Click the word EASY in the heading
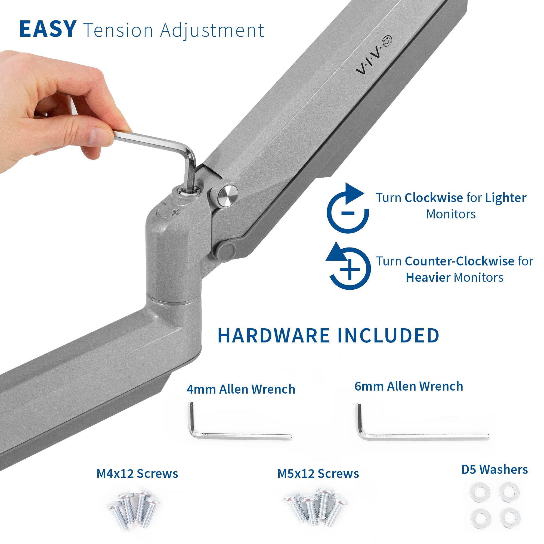pyautogui.click(x=48, y=29)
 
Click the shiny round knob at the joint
pyautogui.click(x=228, y=194)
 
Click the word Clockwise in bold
pyautogui.click(x=434, y=198)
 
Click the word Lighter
pyautogui.click(x=506, y=198)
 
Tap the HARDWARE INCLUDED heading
pyautogui.click(x=328, y=335)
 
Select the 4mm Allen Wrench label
pyautogui.click(x=241, y=390)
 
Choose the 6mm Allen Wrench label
pyautogui.click(x=409, y=386)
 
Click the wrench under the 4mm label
pyautogui.click(x=239, y=436)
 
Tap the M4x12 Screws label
pyautogui.click(x=137, y=474)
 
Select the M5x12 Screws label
pyautogui.click(x=318, y=474)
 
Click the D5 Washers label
pyautogui.click(x=494, y=470)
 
